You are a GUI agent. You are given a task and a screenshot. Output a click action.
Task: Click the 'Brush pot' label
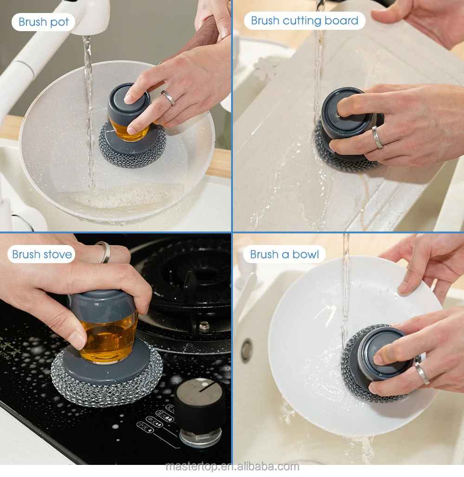(44, 22)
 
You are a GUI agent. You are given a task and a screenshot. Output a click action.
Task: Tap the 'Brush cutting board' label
(304, 21)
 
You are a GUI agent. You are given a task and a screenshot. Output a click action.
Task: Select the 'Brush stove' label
(42, 254)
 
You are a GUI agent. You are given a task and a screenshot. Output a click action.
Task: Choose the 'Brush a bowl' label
(284, 254)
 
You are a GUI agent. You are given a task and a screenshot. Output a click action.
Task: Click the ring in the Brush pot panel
(168, 98)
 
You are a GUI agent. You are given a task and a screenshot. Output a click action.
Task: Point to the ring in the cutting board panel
(377, 137)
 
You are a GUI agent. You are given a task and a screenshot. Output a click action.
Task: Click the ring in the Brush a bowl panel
(422, 373)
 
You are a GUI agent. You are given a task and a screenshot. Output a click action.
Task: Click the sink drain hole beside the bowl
(246, 350)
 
